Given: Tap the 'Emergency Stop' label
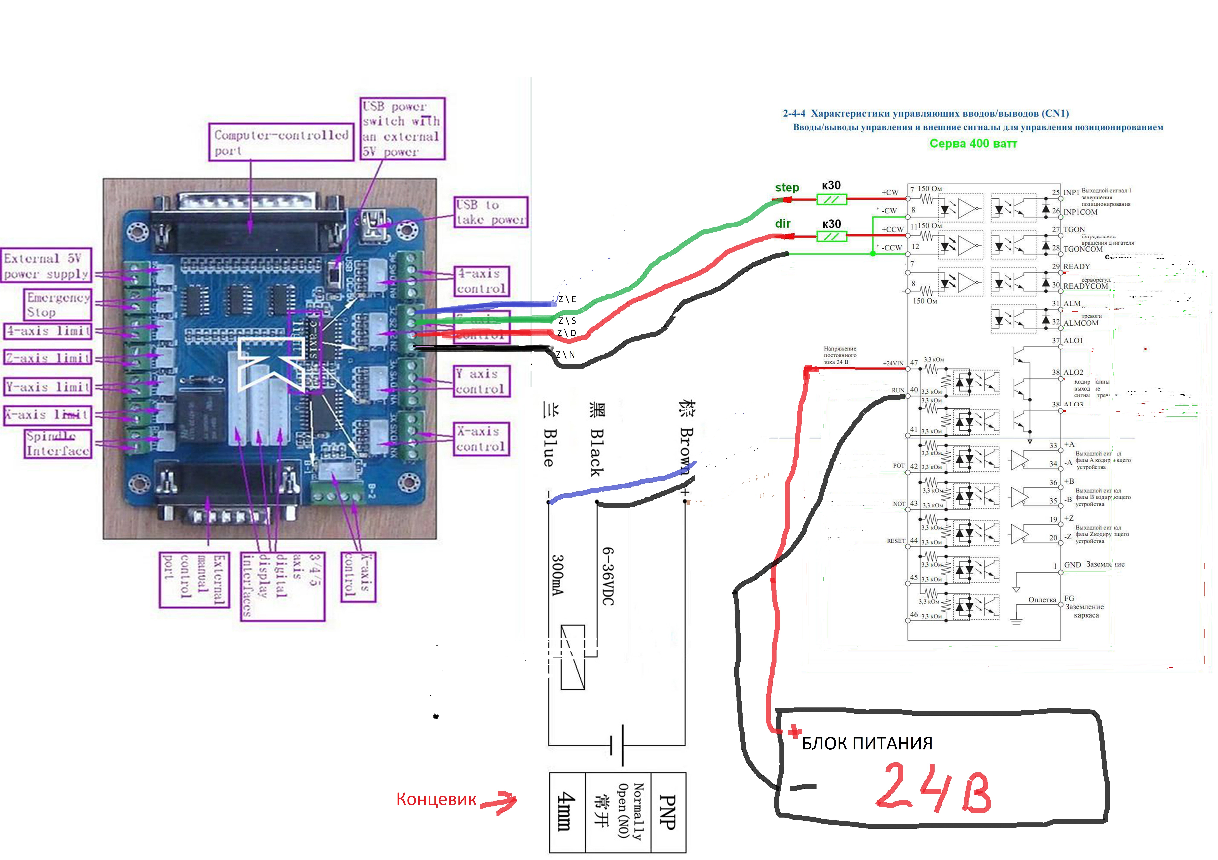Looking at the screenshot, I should click(x=58, y=305).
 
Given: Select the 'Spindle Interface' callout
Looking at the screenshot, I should click(x=58, y=444).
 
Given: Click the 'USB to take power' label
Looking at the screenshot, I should click(x=491, y=212).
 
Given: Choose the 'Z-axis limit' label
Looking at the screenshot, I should click(x=48, y=358).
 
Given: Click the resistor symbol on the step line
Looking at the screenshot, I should click(x=831, y=199).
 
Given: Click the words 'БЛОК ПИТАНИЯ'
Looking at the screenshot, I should click(x=867, y=743).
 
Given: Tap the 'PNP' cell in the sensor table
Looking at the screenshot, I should click(x=667, y=812).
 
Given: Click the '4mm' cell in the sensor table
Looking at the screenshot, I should click(x=567, y=812).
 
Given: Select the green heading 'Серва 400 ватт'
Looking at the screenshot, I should click(x=973, y=143).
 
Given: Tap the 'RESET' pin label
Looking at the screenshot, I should click(x=896, y=541).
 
